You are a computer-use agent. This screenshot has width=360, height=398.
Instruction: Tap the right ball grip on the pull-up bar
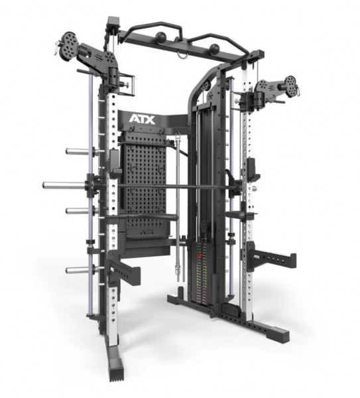(x=213, y=49)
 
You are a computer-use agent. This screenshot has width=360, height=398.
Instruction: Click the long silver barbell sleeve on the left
(x=63, y=184)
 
